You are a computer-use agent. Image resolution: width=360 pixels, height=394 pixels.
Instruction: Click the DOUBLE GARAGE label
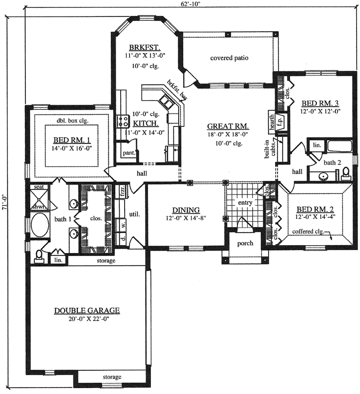(87, 311)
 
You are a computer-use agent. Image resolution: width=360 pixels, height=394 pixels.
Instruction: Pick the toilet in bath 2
(346, 173)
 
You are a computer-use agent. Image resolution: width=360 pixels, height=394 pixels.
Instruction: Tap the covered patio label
(229, 58)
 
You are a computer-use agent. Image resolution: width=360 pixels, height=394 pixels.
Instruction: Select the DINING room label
(186, 210)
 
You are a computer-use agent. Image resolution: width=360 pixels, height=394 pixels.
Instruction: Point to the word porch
(245, 243)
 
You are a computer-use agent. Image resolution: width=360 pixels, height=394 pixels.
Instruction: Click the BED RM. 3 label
(320, 103)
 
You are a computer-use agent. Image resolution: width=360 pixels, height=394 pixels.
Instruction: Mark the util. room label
(135, 214)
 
